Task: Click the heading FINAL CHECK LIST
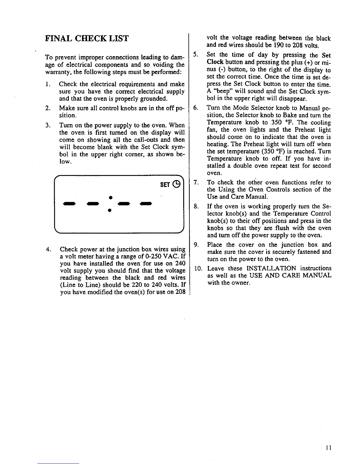coord(87,39)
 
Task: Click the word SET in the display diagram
coord(165,184)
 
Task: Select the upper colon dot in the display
coord(109,196)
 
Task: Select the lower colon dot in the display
coord(109,210)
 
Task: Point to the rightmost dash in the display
coord(146,203)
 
